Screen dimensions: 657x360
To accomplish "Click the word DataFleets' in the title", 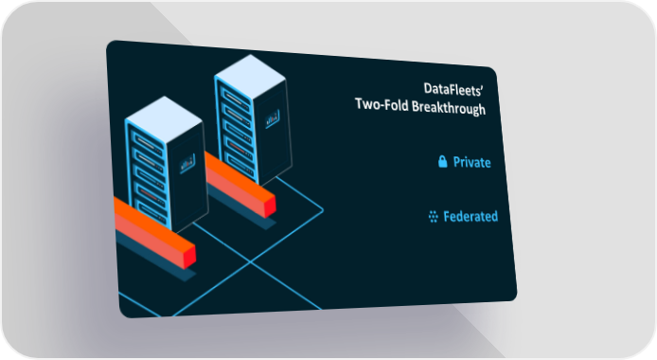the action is click(x=453, y=90).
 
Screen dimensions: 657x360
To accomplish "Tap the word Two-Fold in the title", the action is click(x=382, y=104).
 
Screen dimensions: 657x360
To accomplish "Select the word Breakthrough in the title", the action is click(x=449, y=107).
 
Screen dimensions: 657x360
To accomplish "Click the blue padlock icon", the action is click(x=442, y=161).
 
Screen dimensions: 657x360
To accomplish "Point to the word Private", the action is click(x=471, y=162).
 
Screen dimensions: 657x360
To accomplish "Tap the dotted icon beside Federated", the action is click(x=434, y=216).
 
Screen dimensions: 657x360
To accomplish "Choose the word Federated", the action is click(x=471, y=216).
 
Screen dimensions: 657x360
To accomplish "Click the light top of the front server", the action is click(x=164, y=119).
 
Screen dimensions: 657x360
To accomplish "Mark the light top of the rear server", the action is click(x=250, y=77).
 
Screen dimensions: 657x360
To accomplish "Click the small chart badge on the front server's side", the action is click(x=187, y=163).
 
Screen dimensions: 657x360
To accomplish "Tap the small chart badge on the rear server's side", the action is click(x=272, y=119).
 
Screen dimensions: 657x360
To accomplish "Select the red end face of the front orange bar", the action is click(x=189, y=257).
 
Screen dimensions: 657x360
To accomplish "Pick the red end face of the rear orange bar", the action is click(x=270, y=207).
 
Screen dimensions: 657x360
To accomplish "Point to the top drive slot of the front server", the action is click(x=146, y=143).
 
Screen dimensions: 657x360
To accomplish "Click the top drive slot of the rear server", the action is click(x=234, y=99).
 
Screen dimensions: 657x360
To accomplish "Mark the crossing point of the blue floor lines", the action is click(x=251, y=261).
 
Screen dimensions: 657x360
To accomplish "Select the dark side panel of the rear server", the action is click(x=273, y=130).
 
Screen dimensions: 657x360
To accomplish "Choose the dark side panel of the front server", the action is click(x=187, y=175).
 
